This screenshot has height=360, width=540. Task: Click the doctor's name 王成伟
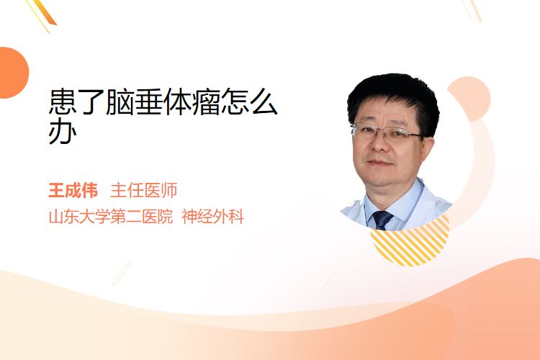pyautogui.click(x=73, y=191)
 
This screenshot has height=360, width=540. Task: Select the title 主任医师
pyautogui.click(x=144, y=191)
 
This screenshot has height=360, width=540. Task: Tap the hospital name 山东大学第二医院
pyautogui.click(x=111, y=217)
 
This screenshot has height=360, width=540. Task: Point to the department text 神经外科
pyautogui.click(x=213, y=217)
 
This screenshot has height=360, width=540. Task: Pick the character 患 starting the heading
pyautogui.click(x=63, y=102)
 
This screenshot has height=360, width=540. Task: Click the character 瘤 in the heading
pyautogui.click(x=206, y=102)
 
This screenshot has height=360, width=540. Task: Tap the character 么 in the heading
pyautogui.click(x=263, y=102)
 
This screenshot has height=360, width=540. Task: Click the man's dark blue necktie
pyautogui.click(x=382, y=220)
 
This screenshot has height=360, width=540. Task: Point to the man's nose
pyautogui.click(x=379, y=144)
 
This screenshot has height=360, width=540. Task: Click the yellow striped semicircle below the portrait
pyautogui.click(x=410, y=245)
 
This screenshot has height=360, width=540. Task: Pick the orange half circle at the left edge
pyautogui.click(x=13, y=73)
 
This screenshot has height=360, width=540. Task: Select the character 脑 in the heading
pyautogui.click(x=120, y=102)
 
